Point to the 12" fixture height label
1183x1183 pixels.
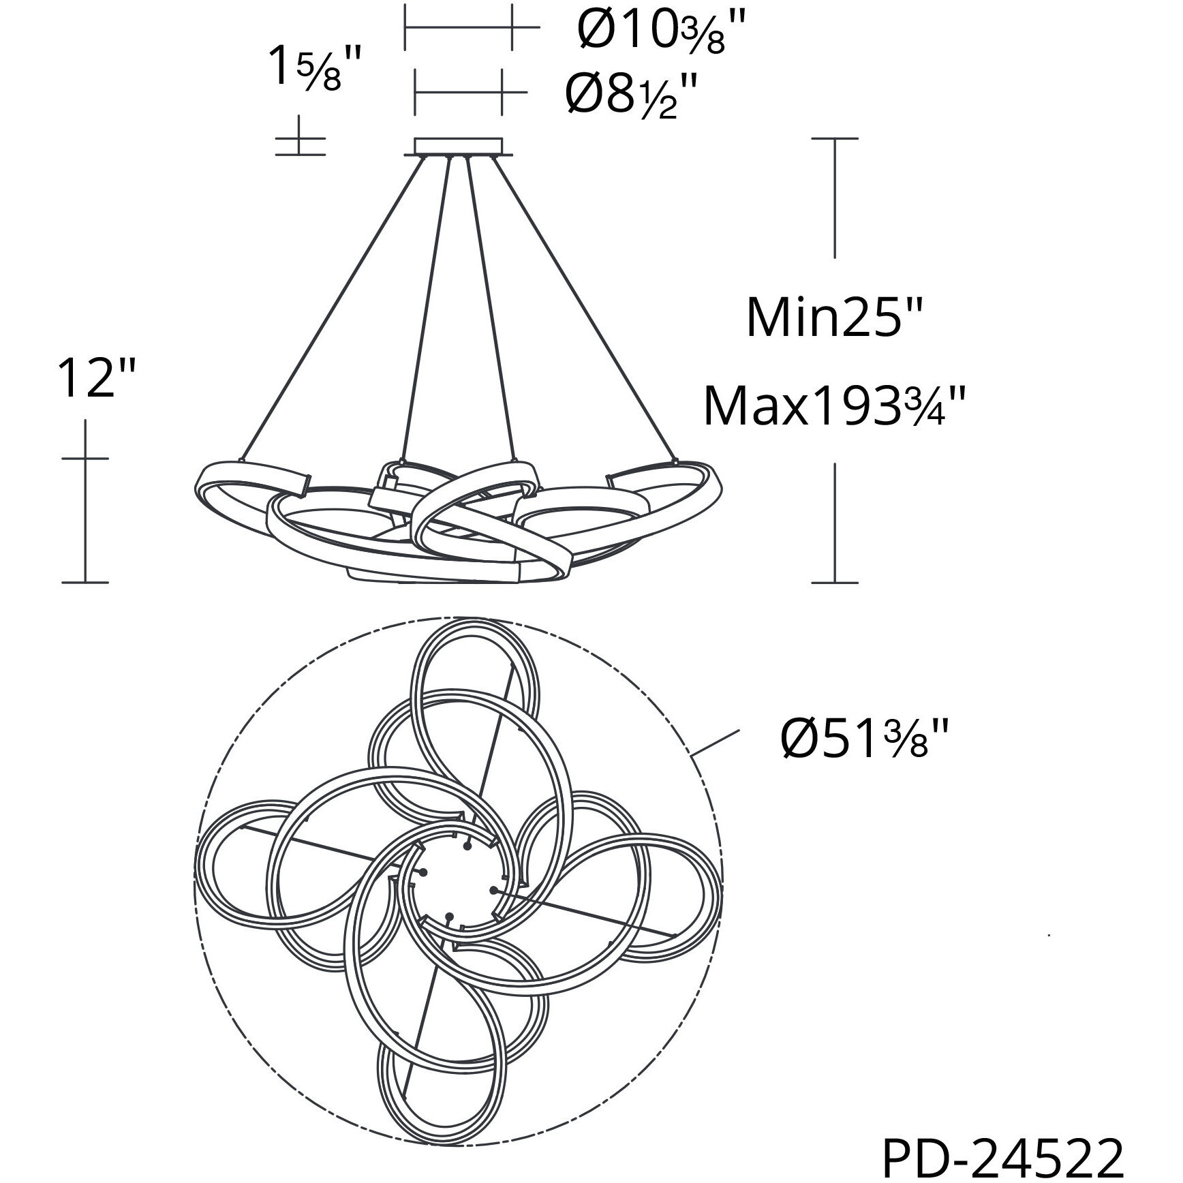95,378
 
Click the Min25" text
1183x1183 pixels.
834,318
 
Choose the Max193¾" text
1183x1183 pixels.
834,406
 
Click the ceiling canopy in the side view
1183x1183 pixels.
458,147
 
